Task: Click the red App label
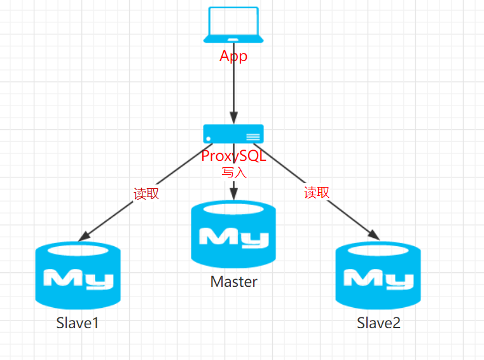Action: (233, 56)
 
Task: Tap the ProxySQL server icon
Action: (233, 134)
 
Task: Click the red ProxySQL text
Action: (233, 156)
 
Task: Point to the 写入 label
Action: (233, 172)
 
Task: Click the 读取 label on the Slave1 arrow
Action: (146, 194)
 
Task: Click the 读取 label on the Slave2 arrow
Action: (317, 192)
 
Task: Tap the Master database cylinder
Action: (233, 235)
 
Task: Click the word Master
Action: (233, 282)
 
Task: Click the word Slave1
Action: (78, 323)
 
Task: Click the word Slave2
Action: (378, 323)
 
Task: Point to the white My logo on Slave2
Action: (378, 279)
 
